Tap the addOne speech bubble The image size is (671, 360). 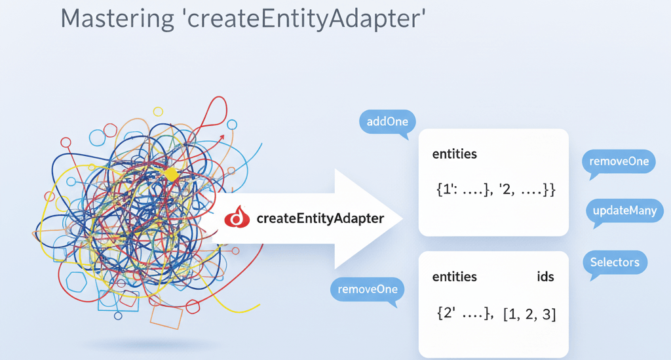(x=387, y=122)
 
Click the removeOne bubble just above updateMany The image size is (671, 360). (x=619, y=161)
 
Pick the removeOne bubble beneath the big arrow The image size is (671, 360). (x=367, y=289)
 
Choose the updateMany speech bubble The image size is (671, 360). (x=624, y=211)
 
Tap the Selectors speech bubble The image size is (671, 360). (x=614, y=262)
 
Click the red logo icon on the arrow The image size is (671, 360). (x=237, y=218)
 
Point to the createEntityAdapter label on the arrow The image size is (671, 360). (x=320, y=218)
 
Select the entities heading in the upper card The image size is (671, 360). (x=455, y=154)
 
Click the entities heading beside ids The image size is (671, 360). (x=455, y=277)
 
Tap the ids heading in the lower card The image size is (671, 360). (x=545, y=277)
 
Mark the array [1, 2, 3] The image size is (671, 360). (x=529, y=314)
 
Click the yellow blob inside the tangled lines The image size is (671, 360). (x=171, y=174)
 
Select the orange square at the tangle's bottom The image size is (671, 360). (x=166, y=316)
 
